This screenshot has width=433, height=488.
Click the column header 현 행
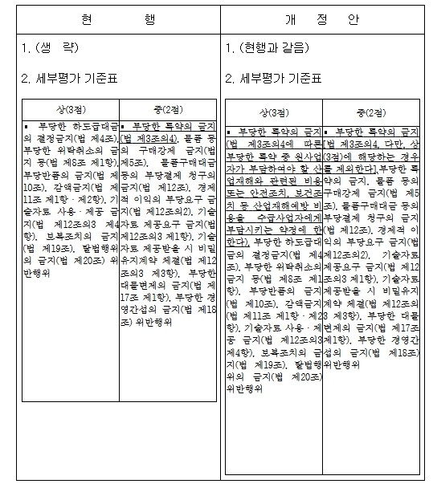point(117,18)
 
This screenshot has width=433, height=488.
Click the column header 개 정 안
point(326,18)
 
